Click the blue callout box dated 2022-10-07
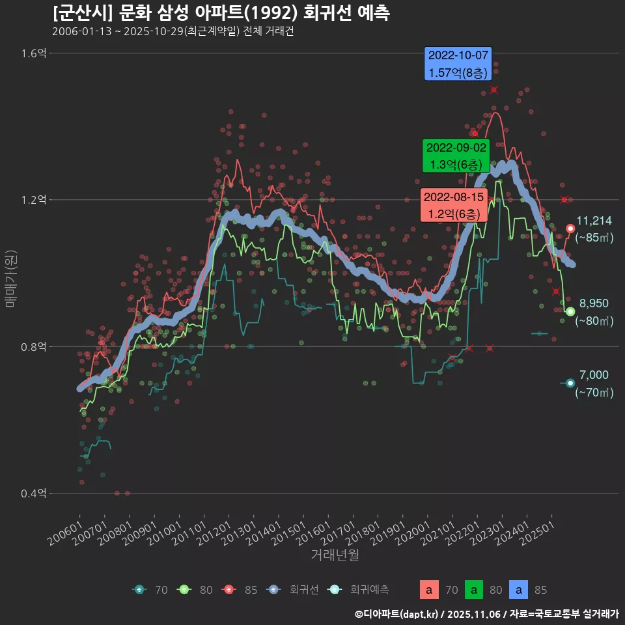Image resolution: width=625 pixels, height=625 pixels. [x=458, y=64]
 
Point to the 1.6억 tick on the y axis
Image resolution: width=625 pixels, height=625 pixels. [x=34, y=53]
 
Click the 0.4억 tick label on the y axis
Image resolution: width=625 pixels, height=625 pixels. [x=34, y=493]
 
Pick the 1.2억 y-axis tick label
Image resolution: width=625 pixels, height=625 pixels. [x=34, y=200]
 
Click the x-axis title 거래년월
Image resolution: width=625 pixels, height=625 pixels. [x=335, y=555]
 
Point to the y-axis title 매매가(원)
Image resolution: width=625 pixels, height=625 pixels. [x=11, y=273]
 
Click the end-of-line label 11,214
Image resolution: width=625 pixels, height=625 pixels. [x=594, y=221]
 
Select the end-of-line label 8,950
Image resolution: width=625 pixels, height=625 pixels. [x=594, y=303]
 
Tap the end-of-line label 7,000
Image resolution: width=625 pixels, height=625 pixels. [x=594, y=375]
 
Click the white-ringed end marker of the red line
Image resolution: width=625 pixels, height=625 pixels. [x=570, y=229]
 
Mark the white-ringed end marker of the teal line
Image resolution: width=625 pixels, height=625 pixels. [x=570, y=383]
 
